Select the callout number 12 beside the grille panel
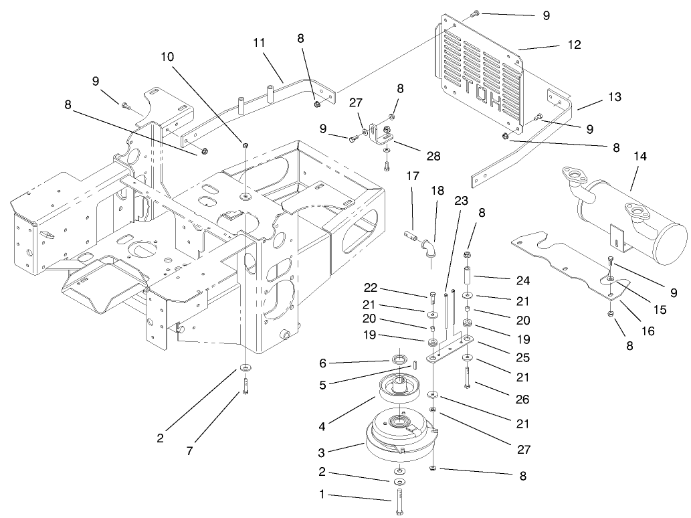point(574,45)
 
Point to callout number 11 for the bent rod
point(260,42)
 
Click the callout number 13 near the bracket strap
point(614,97)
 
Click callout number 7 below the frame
point(189,451)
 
